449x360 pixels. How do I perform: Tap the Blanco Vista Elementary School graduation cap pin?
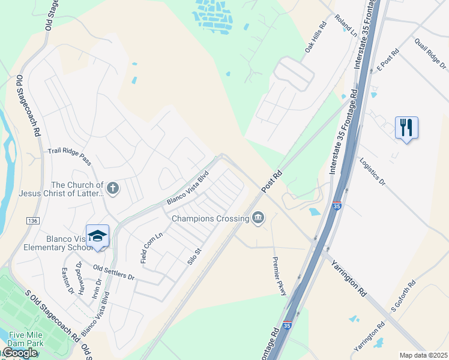(x=97, y=236)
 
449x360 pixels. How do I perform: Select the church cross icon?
(x=112, y=190)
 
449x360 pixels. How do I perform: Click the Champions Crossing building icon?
(x=258, y=217)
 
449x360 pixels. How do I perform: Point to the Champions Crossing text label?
(x=210, y=218)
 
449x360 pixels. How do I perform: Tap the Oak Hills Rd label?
(x=315, y=38)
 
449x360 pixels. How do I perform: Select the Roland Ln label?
(x=346, y=26)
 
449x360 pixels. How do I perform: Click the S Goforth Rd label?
(x=403, y=296)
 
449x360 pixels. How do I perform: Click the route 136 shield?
(x=32, y=221)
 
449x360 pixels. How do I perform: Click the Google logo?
(x=20, y=353)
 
